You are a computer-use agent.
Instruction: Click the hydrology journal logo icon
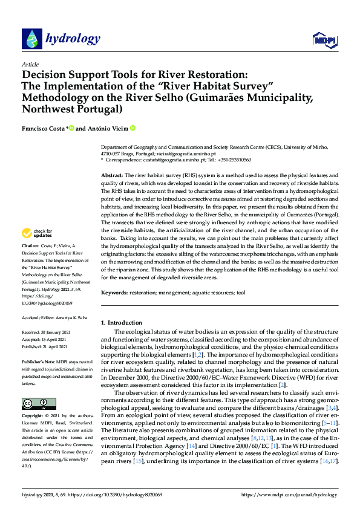32,39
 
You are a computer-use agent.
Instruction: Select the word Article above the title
30,64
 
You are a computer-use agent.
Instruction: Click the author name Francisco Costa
42,128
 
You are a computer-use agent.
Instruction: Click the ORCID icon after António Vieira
132,128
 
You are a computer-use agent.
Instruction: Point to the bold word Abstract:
113,175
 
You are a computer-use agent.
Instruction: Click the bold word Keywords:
114,293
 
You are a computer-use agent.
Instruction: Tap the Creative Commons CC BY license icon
39,403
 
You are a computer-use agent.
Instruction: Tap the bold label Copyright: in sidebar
33,417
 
